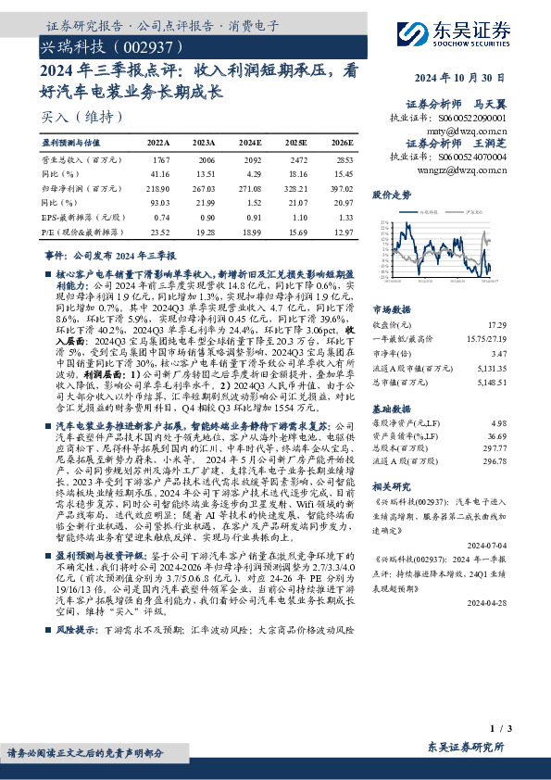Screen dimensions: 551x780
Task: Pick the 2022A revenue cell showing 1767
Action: click(159, 160)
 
